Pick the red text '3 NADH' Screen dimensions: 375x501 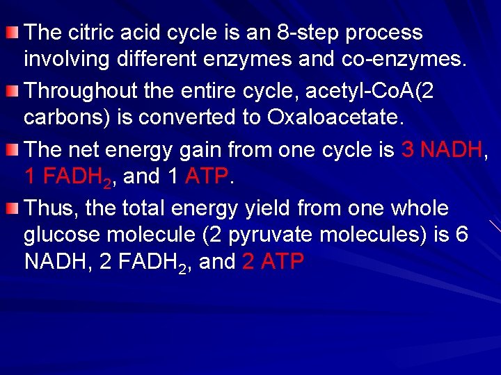(441, 149)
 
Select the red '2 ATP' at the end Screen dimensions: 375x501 (273, 262)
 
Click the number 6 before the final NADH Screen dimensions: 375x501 (461, 235)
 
